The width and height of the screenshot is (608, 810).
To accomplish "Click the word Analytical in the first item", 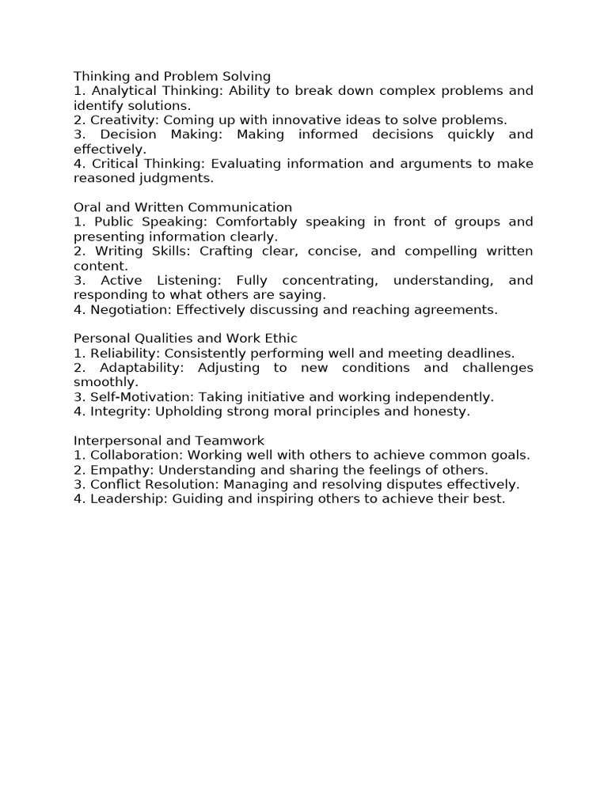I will tap(120, 91).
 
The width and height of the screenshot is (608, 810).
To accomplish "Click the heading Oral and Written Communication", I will tap(183, 207).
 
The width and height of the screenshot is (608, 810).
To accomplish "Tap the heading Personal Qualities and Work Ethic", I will tap(185, 339).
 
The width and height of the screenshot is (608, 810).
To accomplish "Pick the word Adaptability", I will tap(141, 369).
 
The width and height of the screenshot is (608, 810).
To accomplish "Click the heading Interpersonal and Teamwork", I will tap(169, 441).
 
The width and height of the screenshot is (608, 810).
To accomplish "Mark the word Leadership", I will tap(126, 499).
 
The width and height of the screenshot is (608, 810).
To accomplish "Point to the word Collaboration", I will tap(131, 455).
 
